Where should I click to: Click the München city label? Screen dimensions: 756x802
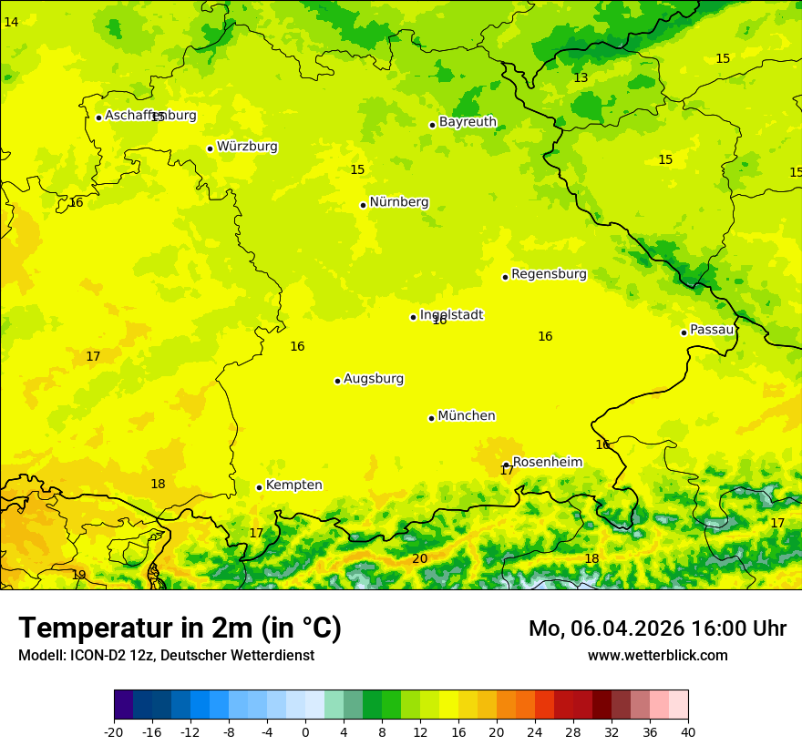[466, 416]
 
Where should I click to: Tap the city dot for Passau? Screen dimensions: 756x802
[684, 332]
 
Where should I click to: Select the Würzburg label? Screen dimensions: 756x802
[247, 147]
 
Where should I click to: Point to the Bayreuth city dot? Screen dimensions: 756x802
[432, 125]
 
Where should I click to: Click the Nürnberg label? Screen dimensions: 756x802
[398, 202]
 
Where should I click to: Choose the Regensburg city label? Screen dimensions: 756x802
[549, 274]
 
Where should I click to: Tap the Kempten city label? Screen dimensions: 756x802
[293, 485]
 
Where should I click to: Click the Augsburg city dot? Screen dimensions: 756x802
[337, 381]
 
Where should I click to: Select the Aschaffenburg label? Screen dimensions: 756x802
[150, 116]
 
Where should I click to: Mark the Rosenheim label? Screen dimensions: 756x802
[547, 463]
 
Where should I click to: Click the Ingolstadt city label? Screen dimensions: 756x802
[451, 315]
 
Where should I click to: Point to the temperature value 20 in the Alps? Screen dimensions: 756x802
[419, 559]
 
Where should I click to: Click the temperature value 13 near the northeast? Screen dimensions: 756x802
[581, 78]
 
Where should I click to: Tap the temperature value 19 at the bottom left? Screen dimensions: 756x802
[78, 575]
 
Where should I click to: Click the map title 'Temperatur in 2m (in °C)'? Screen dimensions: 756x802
[180, 628]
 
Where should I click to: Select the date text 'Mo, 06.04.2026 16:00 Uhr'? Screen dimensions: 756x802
[657, 628]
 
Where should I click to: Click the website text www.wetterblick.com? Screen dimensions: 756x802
[657, 656]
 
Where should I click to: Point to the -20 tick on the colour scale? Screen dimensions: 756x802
[114, 731]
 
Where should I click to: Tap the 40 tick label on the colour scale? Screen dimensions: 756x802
[688, 731]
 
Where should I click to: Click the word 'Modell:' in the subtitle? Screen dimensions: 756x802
[42, 656]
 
